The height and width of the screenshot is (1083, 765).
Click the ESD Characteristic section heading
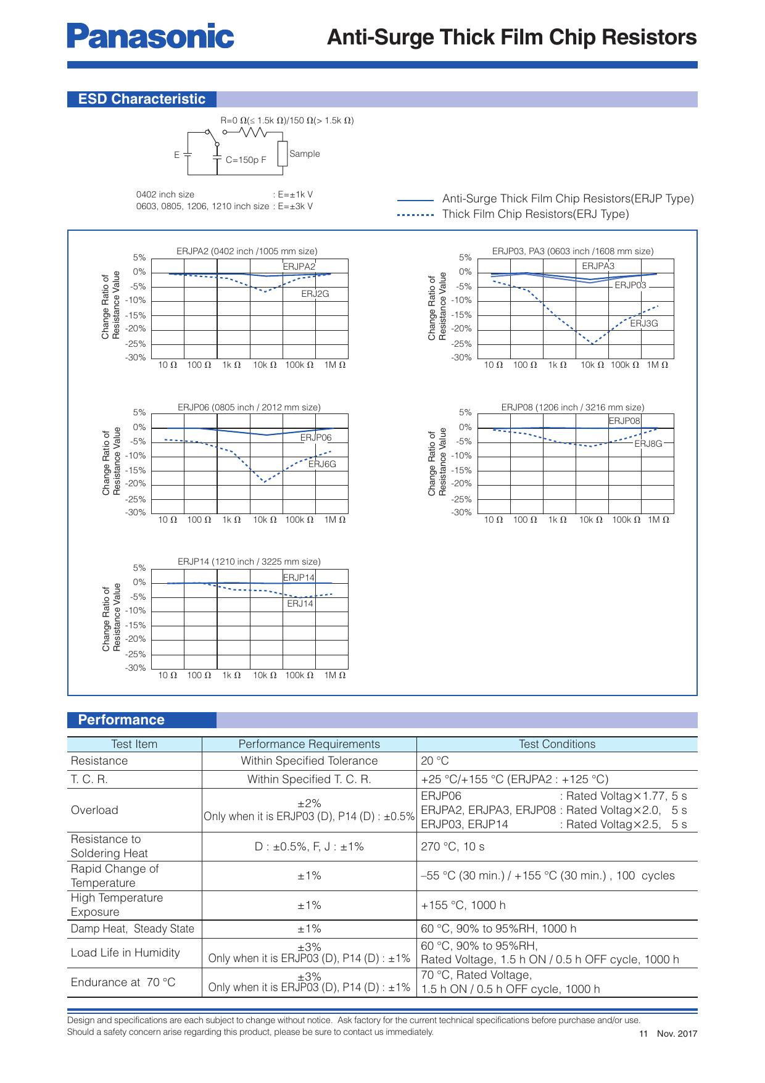pyautogui.click(x=141, y=99)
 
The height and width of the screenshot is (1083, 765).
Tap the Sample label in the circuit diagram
pyautogui.click(x=304, y=154)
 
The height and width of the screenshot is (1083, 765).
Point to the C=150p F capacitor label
pyautogui.click(x=246, y=160)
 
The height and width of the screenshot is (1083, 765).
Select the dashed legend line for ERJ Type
pyautogui.click(x=416, y=215)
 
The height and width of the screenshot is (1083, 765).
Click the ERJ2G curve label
pyautogui.click(x=315, y=294)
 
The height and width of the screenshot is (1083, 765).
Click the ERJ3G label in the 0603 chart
pyautogui.click(x=643, y=323)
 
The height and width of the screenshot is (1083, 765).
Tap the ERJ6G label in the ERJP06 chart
pyautogui.click(x=322, y=464)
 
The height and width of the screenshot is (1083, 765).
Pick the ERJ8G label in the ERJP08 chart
pyautogui.click(x=648, y=444)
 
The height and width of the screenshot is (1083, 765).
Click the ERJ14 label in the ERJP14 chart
pyautogui.click(x=300, y=604)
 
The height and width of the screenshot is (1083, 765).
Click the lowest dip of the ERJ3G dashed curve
pyautogui.click(x=593, y=344)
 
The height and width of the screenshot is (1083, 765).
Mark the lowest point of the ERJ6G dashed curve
pyautogui.click(x=265, y=481)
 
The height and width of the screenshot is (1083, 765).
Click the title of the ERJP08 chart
pyautogui.click(x=572, y=407)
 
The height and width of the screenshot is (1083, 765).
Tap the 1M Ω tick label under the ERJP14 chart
pyautogui.click(x=334, y=675)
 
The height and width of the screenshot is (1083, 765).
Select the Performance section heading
pyautogui.click(x=121, y=720)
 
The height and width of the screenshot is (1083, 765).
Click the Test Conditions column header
pyautogui.click(x=556, y=744)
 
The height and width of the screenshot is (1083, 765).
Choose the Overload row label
pyautogui.click(x=94, y=810)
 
